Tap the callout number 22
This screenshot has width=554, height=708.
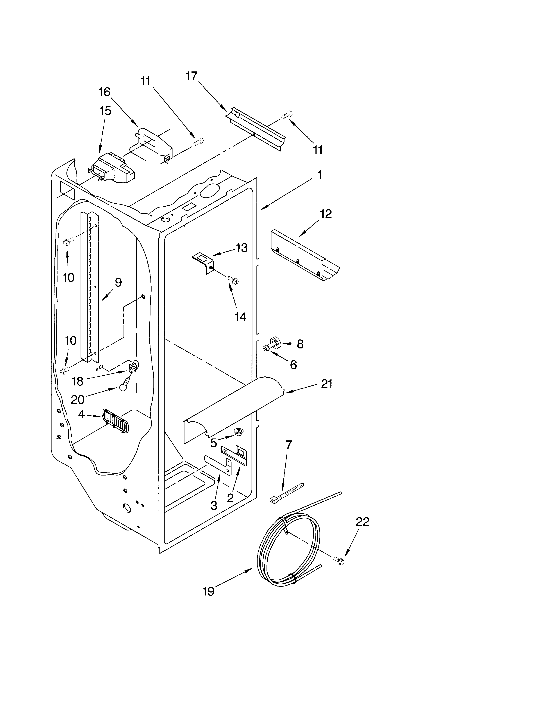(x=362, y=522)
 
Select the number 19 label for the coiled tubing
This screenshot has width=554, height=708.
(x=209, y=591)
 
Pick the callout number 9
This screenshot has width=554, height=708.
(x=118, y=282)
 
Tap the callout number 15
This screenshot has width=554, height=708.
(x=105, y=111)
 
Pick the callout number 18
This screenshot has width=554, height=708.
(x=78, y=381)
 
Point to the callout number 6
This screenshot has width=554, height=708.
(x=293, y=365)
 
